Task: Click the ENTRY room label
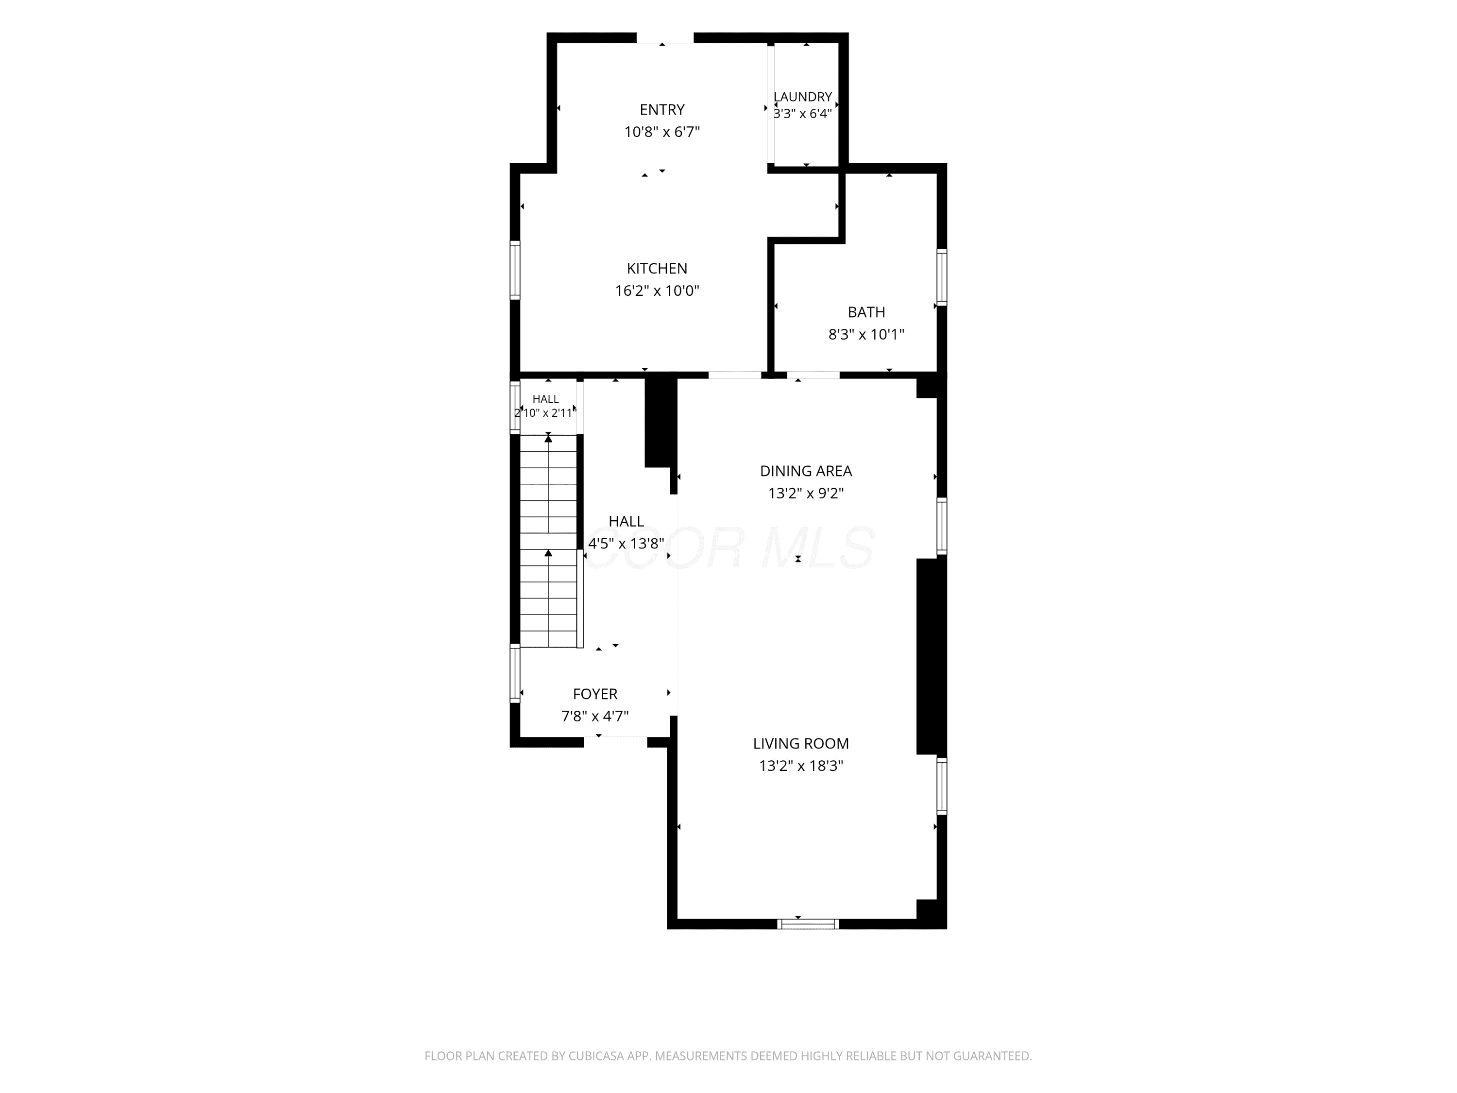coord(662,109)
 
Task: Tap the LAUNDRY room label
coord(802,97)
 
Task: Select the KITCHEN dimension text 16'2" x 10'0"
coord(657,290)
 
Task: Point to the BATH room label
coord(866,312)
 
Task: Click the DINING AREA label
coord(806,471)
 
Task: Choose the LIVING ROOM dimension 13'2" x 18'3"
coord(801,766)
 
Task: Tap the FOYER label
coord(595,694)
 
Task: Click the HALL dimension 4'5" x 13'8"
coord(626,544)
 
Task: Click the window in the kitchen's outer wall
coord(515,270)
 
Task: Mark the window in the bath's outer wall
coord(942,277)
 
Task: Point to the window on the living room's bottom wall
coord(808,923)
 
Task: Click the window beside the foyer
coord(515,673)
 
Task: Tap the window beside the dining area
coord(942,526)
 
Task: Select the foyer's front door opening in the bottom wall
coord(615,742)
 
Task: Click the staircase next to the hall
coord(549,541)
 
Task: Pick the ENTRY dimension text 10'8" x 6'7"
coord(662,132)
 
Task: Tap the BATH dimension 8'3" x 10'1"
coord(866,335)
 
